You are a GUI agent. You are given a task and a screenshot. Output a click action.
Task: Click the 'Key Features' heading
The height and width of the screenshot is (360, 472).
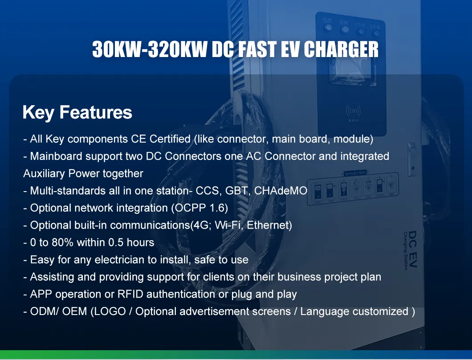pyautogui.click(x=77, y=112)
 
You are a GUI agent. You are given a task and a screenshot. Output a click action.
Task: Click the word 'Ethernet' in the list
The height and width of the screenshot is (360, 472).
pyautogui.click(x=269, y=225)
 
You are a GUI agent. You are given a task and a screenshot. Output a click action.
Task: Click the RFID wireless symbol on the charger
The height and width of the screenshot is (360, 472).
pyautogui.click(x=353, y=110)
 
